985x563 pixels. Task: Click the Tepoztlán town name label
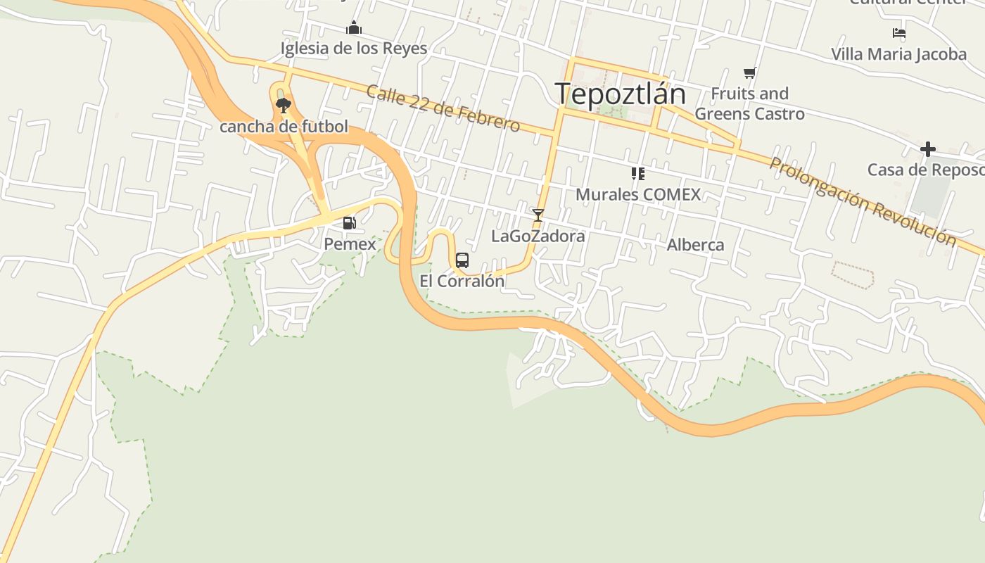point(620,94)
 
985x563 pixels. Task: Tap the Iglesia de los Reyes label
point(354,49)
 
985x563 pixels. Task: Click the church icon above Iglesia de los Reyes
point(354,28)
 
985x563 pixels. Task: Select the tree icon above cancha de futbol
point(284,106)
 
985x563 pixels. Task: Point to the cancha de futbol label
point(284,127)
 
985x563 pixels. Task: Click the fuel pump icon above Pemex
point(349,223)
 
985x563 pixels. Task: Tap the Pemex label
point(350,244)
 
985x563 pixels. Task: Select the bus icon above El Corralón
point(462,260)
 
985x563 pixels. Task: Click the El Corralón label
point(462,281)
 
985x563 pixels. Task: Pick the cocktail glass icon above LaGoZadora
point(538,215)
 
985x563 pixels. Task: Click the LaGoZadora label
point(538,236)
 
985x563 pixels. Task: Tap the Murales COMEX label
point(638,194)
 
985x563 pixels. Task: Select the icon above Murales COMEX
point(638,173)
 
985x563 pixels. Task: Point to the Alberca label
point(695,245)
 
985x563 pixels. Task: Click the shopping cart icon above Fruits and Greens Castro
point(750,72)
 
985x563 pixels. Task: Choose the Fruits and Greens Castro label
point(750,103)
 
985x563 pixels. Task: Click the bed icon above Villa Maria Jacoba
point(898,33)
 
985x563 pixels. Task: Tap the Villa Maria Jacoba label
point(898,54)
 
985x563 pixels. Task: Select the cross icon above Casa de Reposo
point(928,149)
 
